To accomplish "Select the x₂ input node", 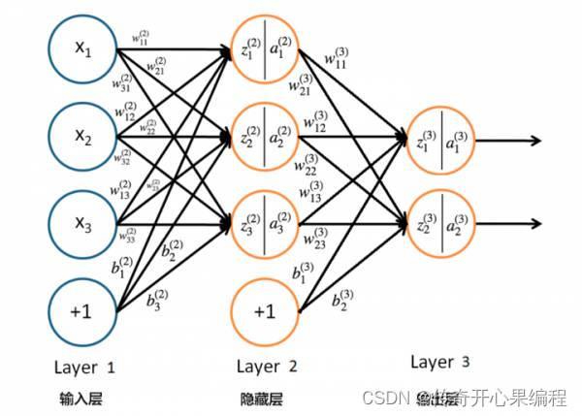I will point(83,136).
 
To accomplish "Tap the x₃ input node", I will point(83,223).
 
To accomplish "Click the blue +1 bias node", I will point(83,311).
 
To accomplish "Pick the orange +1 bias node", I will point(264,311).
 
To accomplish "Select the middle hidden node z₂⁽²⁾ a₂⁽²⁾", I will point(264,136).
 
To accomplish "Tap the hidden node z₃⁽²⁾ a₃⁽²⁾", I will point(264,224).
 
